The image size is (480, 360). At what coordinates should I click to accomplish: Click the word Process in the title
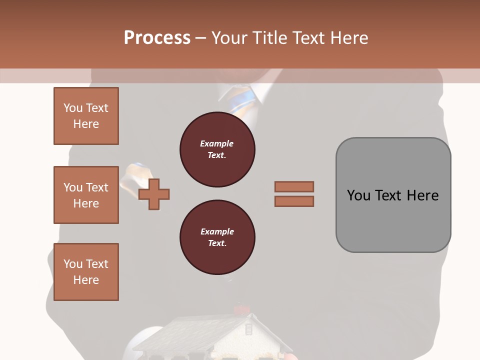157,37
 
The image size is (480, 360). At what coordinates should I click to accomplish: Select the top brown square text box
86,116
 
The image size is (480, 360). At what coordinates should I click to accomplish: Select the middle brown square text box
86,195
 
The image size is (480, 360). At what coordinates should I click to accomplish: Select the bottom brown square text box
86,272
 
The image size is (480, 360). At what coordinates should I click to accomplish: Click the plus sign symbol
154,194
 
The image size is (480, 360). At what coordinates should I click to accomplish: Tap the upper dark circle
217,149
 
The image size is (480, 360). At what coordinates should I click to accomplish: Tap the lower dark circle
217,237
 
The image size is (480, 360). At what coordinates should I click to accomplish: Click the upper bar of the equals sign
294,186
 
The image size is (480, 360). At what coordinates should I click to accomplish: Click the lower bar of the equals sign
294,201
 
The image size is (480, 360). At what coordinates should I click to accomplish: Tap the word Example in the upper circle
217,143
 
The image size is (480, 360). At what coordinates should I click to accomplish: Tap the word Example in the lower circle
217,231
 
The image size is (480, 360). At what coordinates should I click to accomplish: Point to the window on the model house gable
248,329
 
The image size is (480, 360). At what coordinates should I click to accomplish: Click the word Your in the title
228,37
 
